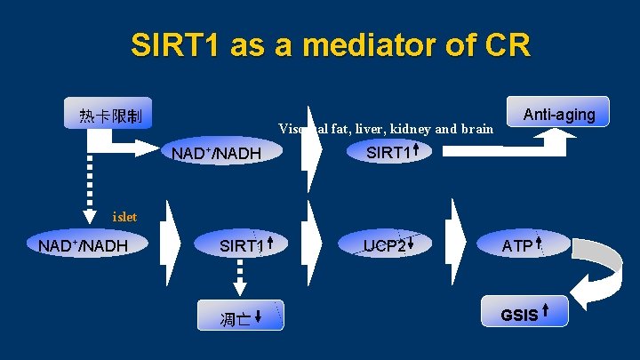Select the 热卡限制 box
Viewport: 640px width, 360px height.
click(110, 115)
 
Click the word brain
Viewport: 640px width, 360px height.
click(477, 130)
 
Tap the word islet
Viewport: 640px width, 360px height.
click(124, 215)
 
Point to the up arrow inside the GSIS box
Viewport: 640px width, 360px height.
click(544, 312)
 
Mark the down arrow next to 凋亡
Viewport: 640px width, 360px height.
click(257, 316)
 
